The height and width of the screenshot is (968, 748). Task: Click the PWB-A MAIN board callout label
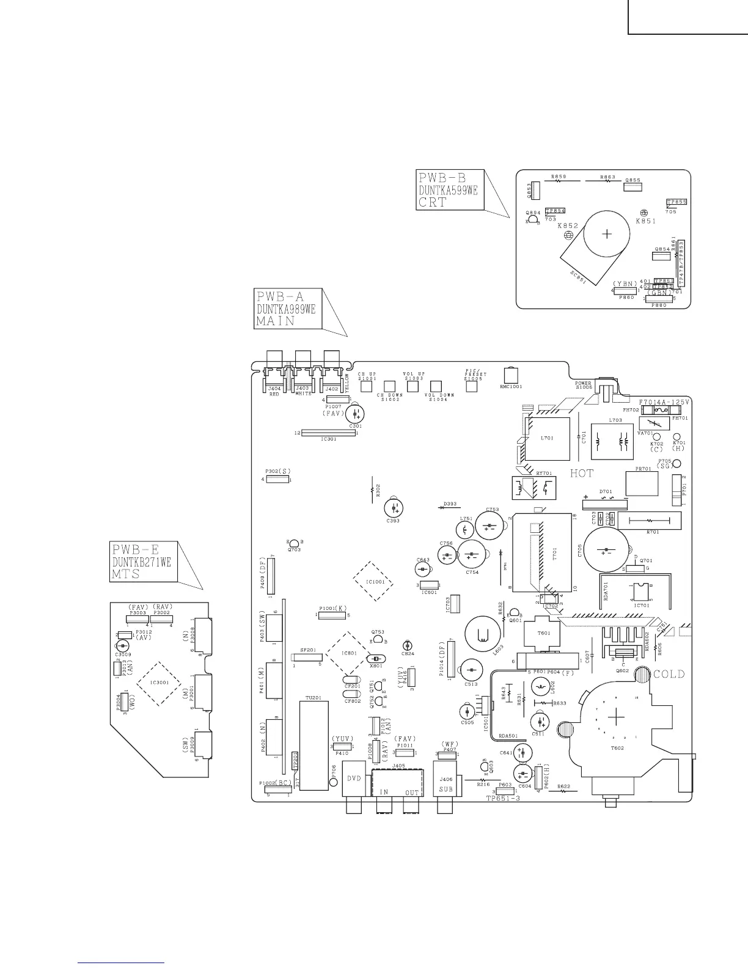286,309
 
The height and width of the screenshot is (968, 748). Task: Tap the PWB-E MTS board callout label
143,562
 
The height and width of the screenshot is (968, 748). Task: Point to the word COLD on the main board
669,675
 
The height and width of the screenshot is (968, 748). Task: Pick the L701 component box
548,438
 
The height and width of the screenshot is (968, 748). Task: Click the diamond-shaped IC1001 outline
373,581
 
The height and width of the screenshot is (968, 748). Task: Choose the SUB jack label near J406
446,789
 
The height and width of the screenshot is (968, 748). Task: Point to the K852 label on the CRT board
568,226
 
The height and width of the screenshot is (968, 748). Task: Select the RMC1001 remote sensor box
511,375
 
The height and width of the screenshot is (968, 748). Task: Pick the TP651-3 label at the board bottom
503,799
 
